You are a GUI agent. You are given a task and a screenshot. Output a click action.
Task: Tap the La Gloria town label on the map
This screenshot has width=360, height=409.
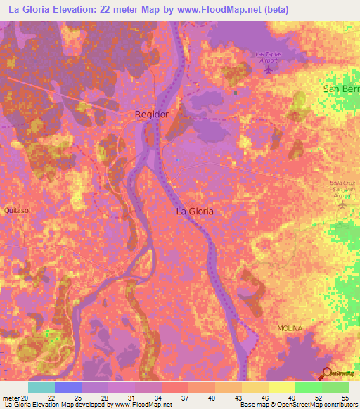point(194,211)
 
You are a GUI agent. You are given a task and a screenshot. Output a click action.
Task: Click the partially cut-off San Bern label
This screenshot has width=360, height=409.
point(341,89)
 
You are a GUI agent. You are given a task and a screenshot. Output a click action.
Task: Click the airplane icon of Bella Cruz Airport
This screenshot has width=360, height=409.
point(342,204)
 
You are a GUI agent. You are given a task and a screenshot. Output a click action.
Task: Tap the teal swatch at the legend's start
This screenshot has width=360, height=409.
point(41,387)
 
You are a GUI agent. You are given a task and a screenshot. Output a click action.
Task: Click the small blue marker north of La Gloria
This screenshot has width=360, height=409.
point(177,160)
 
